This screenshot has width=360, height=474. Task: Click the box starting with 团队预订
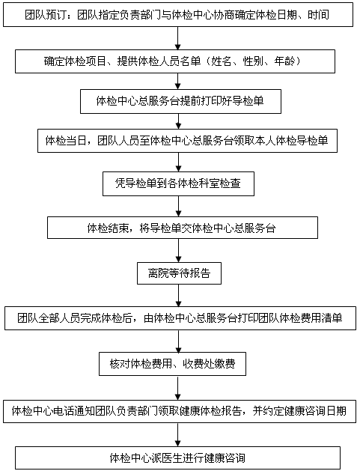pos(178,14)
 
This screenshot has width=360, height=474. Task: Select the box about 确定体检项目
pos(175,61)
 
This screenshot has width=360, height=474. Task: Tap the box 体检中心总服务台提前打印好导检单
pos(180,101)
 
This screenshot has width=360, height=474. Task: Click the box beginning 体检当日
pos(187,141)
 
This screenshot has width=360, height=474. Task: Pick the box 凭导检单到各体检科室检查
pos(178,183)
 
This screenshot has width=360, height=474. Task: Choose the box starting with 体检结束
pos(183,228)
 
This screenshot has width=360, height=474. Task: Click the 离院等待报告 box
pos(179,273)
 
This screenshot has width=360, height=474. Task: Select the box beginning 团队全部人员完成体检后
pos(180,318)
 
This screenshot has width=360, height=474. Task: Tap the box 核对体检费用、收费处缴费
pos(172,364)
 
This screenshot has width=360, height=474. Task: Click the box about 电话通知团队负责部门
pos(180,411)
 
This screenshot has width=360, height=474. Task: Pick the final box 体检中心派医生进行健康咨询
pos(177,458)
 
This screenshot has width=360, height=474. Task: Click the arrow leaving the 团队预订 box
pos(177,38)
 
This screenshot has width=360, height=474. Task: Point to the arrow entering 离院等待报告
pos(179,251)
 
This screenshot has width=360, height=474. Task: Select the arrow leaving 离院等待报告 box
pos(179,296)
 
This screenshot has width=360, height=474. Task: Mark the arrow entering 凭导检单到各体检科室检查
pos(179,162)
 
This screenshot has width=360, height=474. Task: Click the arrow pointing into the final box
pos(177,435)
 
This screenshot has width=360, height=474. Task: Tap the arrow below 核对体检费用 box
pos(177,388)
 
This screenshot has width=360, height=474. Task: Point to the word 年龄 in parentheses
pos(284,61)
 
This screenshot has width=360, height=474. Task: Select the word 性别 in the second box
pos(253,61)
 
